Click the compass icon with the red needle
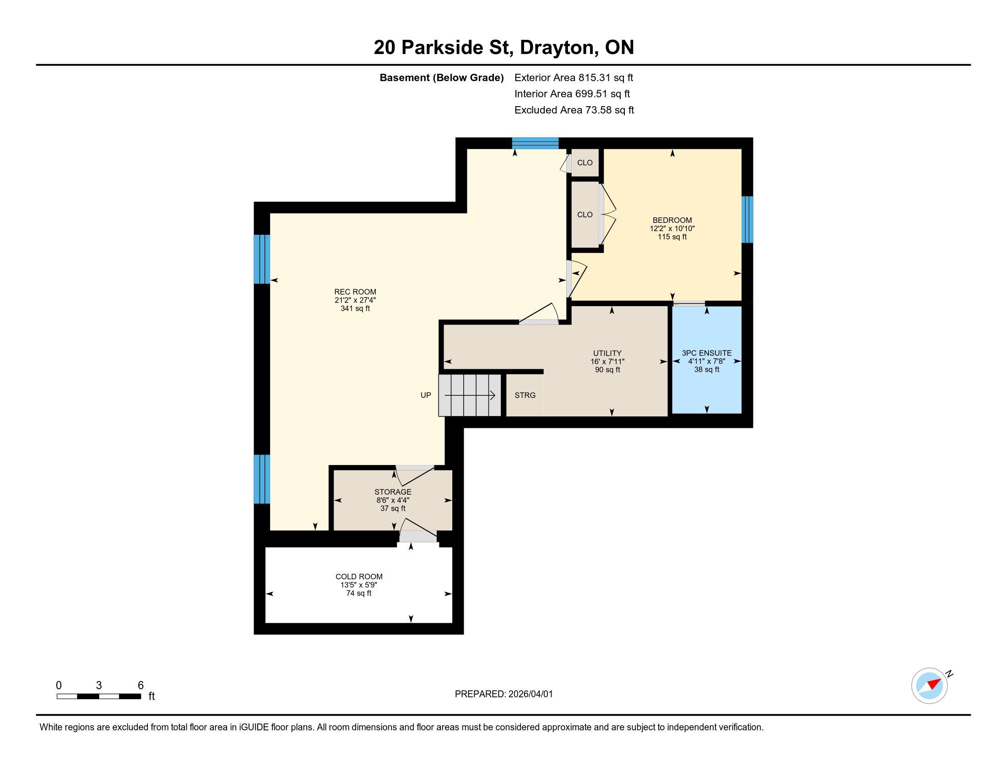coord(929,686)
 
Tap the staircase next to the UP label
coord(469,395)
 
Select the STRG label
coord(525,395)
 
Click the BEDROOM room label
coord(672,220)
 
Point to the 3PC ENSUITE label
coord(706,353)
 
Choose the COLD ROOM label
coord(359,577)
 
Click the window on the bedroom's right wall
coord(747,219)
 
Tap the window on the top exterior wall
coord(536,143)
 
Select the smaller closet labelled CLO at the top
coord(585,163)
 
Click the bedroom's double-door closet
coord(585,214)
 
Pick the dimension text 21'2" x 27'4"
coord(355,300)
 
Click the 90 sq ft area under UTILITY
coord(607,370)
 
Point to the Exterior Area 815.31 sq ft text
coord(574,77)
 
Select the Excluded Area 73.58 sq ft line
coord(574,110)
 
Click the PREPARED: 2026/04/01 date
coord(503,694)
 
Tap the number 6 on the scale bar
coord(141,685)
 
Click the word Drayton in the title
coord(557,48)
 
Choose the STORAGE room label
coord(393,492)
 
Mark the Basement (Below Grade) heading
coord(441,78)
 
